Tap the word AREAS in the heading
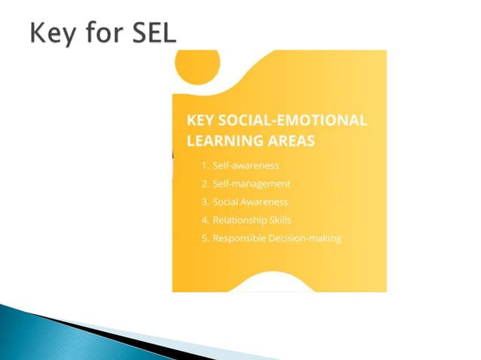coord(289,141)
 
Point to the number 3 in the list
coord(204,202)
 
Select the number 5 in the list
coord(204,238)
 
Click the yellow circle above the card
coord(197,66)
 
